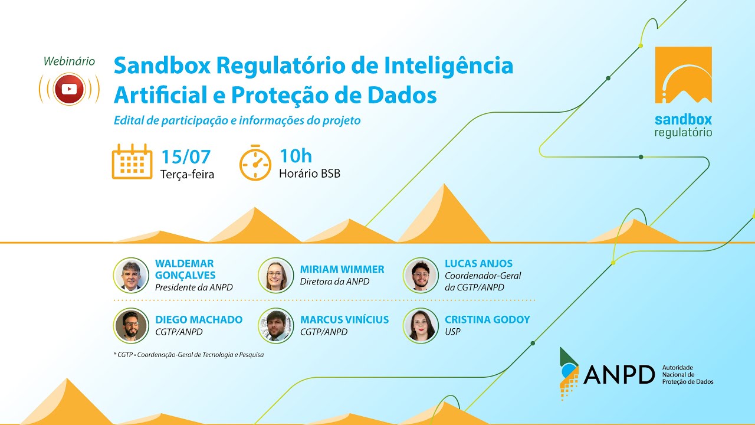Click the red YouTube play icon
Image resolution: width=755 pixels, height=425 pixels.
[69, 89]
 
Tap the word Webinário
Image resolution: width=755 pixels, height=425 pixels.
[69, 61]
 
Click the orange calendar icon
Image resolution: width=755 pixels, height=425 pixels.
[132, 161]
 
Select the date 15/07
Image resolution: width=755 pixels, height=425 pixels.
[186, 157]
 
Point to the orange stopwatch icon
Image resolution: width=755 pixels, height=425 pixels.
[255, 162]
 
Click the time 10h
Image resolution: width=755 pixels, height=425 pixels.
[296, 156]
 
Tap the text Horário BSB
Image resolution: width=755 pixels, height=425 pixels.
[310, 174]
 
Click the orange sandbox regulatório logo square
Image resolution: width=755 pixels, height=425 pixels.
[683, 75]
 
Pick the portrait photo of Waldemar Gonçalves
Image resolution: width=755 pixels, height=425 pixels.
[131, 275]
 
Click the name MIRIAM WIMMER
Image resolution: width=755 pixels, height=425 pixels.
[342, 269]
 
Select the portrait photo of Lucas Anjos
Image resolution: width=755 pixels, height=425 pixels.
[421, 275]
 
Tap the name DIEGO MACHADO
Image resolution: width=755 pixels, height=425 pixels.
[199, 319]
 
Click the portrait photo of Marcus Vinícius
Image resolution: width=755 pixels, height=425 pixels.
[275, 326]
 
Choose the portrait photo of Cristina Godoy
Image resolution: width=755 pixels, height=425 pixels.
[421, 326]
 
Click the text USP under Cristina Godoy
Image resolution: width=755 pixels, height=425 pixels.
[452, 332]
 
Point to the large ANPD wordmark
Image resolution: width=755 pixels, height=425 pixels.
[619, 374]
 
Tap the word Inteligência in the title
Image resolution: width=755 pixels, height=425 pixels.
[448, 66]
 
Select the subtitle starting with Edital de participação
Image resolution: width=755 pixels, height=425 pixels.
[237, 120]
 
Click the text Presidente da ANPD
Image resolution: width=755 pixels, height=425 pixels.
[193, 287]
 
